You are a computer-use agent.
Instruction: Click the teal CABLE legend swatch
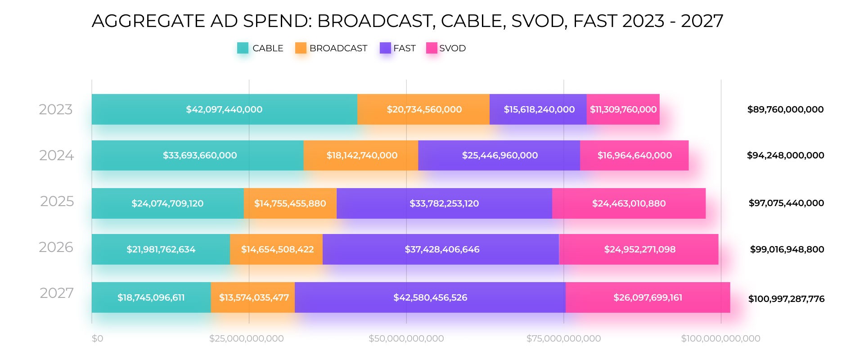tap(243, 48)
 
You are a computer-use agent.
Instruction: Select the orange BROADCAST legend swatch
tap(301, 48)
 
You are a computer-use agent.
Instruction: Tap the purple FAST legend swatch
tap(385, 48)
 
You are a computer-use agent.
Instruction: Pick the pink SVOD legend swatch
tap(432, 48)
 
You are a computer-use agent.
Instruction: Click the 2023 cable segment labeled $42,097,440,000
tap(224, 109)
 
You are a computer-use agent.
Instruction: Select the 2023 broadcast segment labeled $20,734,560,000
tap(424, 109)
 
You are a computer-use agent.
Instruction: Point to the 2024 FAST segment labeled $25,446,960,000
tap(499, 155)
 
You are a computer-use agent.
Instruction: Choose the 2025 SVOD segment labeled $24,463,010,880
tap(629, 203)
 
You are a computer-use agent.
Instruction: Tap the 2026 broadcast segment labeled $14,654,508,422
tap(277, 249)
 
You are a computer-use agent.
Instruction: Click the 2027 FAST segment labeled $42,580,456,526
tap(430, 297)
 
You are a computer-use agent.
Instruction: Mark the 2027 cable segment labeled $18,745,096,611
tap(151, 297)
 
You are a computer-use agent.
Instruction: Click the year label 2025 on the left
tap(57, 201)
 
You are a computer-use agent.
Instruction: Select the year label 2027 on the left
tap(57, 293)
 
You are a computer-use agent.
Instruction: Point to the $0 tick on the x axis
tap(97, 338)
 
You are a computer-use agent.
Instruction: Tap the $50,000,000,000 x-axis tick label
tap(406, 338)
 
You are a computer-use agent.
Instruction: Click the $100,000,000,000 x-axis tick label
tap(720, 338)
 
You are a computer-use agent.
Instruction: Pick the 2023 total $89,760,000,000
tap(785, 109)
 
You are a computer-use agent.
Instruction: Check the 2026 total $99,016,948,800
tap(787, 249)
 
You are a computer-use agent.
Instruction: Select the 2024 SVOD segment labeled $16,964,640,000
tap(634, 155)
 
